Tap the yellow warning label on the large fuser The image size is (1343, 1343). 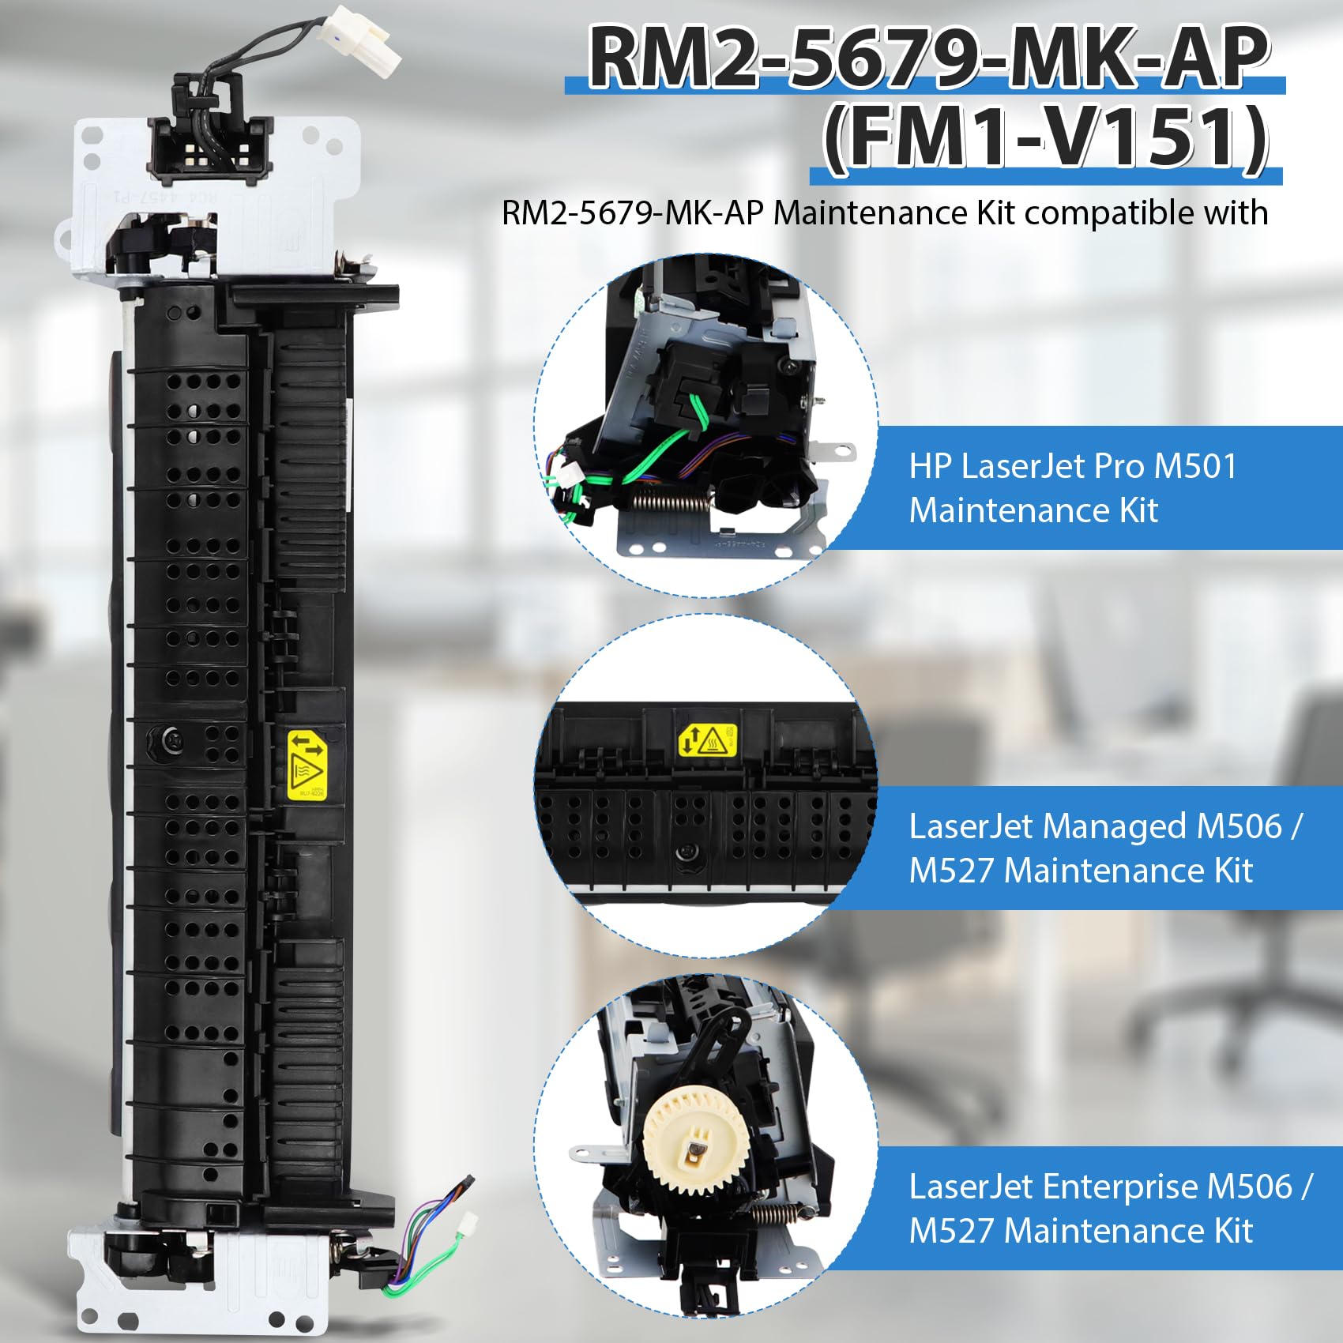coord(306,766)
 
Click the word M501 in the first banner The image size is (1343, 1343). coord(1195,466)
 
